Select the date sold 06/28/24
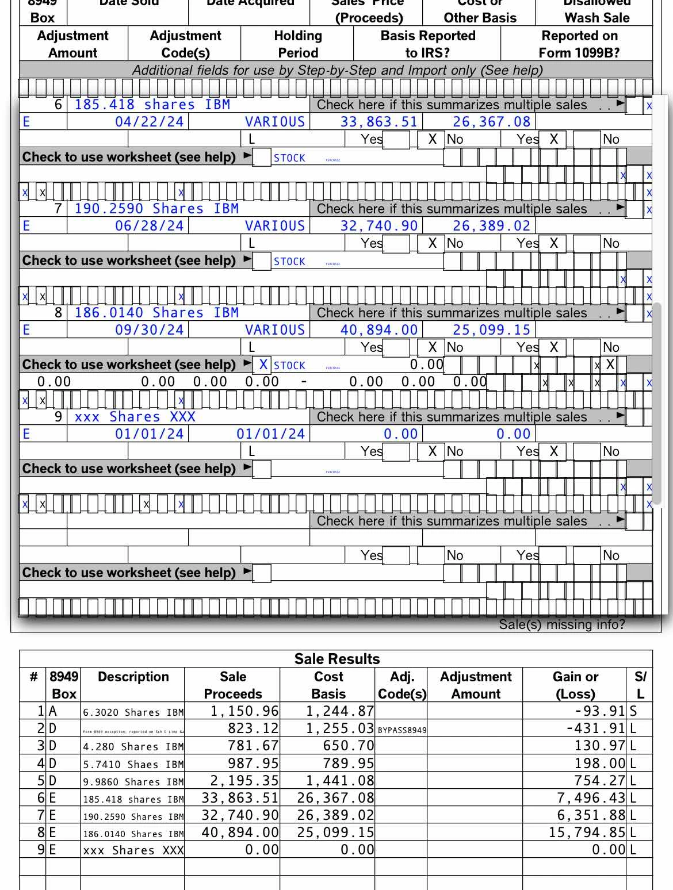coord(149,226)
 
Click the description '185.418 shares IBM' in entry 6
coord(152,105)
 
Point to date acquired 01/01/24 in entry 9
coord(270,434)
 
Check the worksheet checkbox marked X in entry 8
coord(263,365)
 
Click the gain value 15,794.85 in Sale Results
coord(587,833)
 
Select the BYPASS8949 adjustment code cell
coord(402,730)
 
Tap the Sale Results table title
coord(336,659)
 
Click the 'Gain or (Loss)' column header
coord(575,685)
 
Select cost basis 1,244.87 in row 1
coord(339,711)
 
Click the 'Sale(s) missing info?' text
coord(561,625)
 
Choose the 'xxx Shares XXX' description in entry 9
coord(135,417)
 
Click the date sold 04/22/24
coord(149,122)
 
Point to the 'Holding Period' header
coord(297,44)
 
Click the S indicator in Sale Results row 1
coord(633,711)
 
